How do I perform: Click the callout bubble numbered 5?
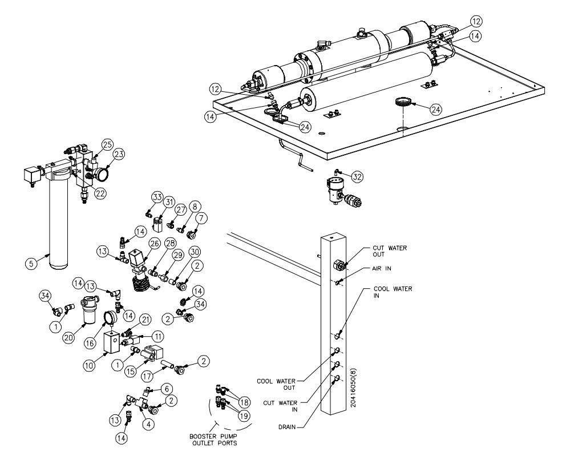point(31,264)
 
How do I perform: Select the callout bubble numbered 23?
point(119,155)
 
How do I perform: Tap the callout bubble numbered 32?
point(357,176)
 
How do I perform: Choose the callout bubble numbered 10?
point(89,365)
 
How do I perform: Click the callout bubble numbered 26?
point(154,244)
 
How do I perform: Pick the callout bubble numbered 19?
point(244,416)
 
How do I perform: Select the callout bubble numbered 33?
point(157,197)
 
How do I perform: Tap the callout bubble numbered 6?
point(167,389)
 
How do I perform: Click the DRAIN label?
point(287,427)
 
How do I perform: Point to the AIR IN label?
point(382,268)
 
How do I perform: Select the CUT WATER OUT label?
point(390,251)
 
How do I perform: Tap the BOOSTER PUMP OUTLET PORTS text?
point(213,440)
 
